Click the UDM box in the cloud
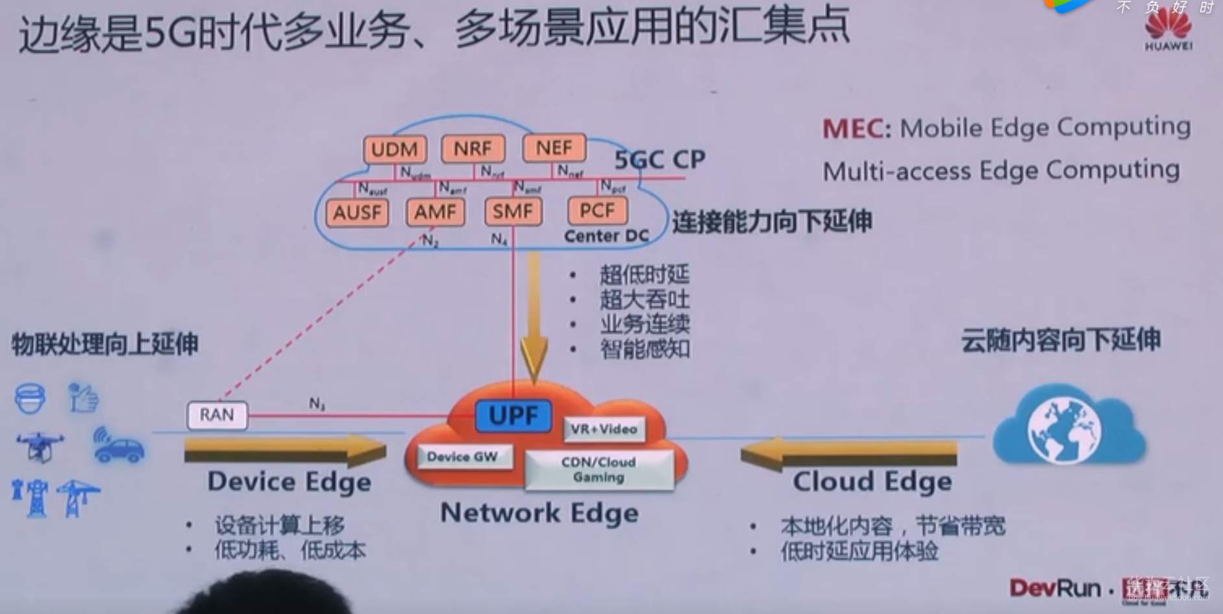[394, 149]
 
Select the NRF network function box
[473, 149]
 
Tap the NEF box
[554, 148]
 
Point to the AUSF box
[357, 212]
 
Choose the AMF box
[435, 212]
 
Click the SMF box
[513, 211]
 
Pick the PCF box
[597, 211]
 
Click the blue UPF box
[513, 416]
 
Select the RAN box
[217, 415]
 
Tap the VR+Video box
[604, 429]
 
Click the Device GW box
[462, 457]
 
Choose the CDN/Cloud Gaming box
[599, 470]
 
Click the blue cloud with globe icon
[1069, 426]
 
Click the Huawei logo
[1168, 29]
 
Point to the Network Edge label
[539, 513]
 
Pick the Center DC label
[606, 237]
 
